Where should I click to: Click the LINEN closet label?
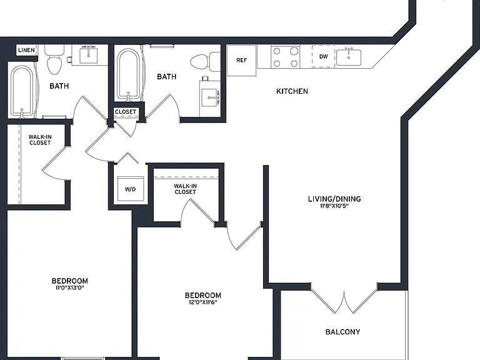[x=26, y=50]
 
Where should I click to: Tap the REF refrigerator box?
[x=241, y=60]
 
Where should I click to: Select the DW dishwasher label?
[x=324, y=56]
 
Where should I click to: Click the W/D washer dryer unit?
[x=131, y=189]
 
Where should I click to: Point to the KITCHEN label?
[x=292, y=91]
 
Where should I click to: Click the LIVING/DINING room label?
[x=334, y=199]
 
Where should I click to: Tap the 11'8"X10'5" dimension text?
[x=334, y=206]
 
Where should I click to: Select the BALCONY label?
[x=342, y=332]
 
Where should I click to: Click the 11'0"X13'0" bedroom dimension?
[x=70, y=287]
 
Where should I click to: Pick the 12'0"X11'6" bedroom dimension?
[x=203, y=302]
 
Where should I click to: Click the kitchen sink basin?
[x=349, y=57]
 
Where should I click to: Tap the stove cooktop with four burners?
[x=285, y=57]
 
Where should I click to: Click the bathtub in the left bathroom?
[x=21, y=92]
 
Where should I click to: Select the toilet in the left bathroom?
[x=54, y=59]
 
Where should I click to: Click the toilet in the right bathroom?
[x=206, y=61]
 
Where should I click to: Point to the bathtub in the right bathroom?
[x=129, y=74]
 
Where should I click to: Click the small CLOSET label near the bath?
[x=126, y=112]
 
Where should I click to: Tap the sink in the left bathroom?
[x=89, y=55]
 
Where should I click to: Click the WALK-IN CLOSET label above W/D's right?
[x=185, y=189]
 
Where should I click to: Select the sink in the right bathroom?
[x=210, y=97]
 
